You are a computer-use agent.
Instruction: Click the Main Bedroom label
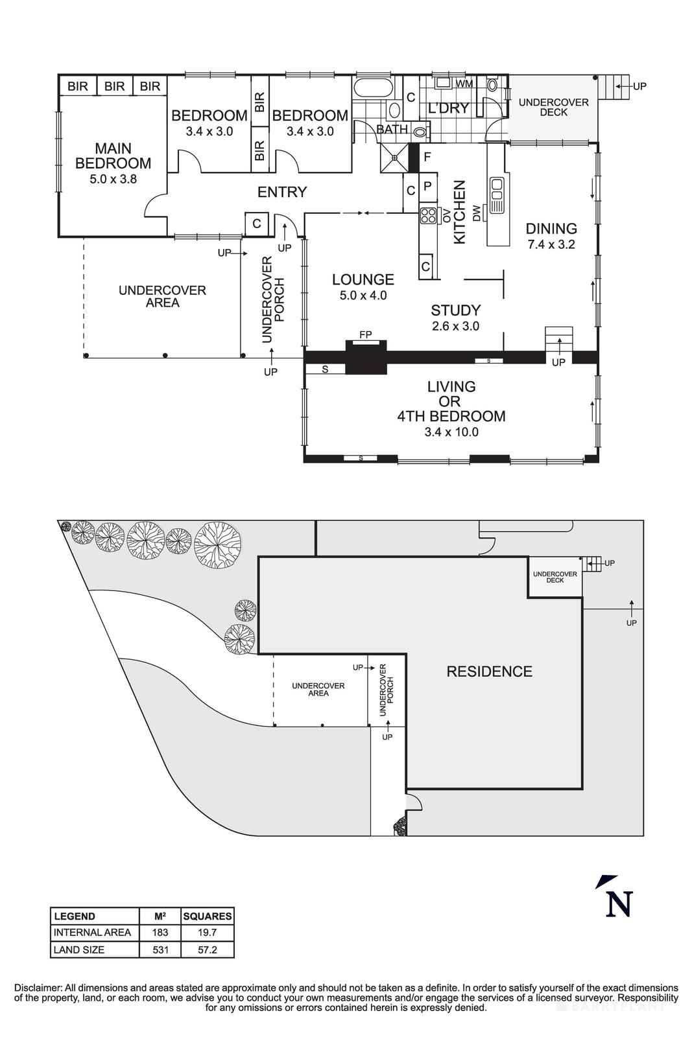point(113,156)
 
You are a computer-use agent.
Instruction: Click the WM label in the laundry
point(464,84)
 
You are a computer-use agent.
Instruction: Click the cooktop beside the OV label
point(427,215)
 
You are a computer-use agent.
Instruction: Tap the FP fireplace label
point(366,334)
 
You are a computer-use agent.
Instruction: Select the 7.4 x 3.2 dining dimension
point(551,245)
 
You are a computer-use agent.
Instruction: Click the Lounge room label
point(363,279)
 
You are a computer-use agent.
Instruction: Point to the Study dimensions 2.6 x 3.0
point(455,326)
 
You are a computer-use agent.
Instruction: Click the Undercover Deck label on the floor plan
point(553,107)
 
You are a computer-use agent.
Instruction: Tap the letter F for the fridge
point(427,157)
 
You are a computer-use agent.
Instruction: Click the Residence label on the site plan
point(489,671)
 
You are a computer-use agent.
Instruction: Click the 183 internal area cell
point(160,933)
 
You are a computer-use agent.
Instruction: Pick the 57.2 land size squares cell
point(207,950)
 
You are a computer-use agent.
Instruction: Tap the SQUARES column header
point(207,916)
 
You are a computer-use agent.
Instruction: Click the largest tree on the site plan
point(218,540)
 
